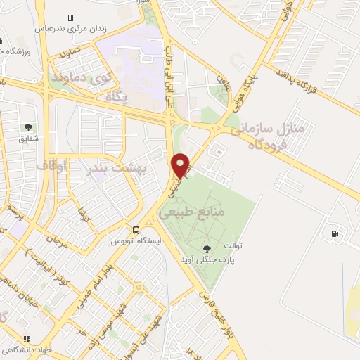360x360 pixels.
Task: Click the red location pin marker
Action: (x=182, y=166)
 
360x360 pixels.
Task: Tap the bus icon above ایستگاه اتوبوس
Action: (x=136, y=230)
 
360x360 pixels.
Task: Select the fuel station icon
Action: (x=333, y=233)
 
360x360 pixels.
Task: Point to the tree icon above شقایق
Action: (x=28, y=127)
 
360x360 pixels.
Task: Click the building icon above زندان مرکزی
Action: (x=70, y=18)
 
